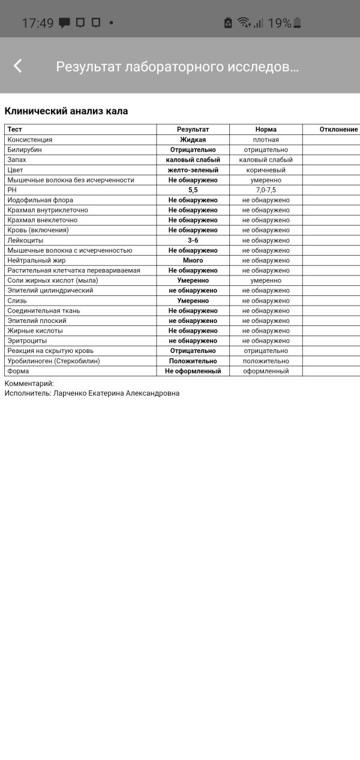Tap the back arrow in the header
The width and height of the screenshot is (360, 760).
tap(18, 66)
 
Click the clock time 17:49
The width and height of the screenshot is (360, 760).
tap(38, 23)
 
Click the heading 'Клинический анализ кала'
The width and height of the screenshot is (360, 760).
tap(66, 111)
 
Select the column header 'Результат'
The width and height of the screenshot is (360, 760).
tap(193, 130)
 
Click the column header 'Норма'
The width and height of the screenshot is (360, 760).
tap(266, 130)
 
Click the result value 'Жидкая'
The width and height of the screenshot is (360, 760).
tap(193, 140)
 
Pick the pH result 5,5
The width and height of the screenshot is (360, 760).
tap(193, 190)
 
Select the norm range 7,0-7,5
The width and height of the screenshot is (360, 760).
tap(266, 190)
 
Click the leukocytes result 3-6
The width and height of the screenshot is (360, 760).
tap(193, 240)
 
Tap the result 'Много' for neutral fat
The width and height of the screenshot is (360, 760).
tap(193, 261)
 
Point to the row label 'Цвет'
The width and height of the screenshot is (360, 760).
tap(16, 170)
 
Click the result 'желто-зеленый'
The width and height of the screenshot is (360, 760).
tap(193, 170)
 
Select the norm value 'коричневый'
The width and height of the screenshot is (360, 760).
tap(266, 170)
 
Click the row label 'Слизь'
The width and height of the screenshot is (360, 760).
tap(17, 301)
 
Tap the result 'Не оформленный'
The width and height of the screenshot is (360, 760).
tap(193, 371)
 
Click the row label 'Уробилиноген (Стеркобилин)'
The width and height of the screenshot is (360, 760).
tap(53, 361)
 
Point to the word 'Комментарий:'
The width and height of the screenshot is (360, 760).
tap(29, 383)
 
